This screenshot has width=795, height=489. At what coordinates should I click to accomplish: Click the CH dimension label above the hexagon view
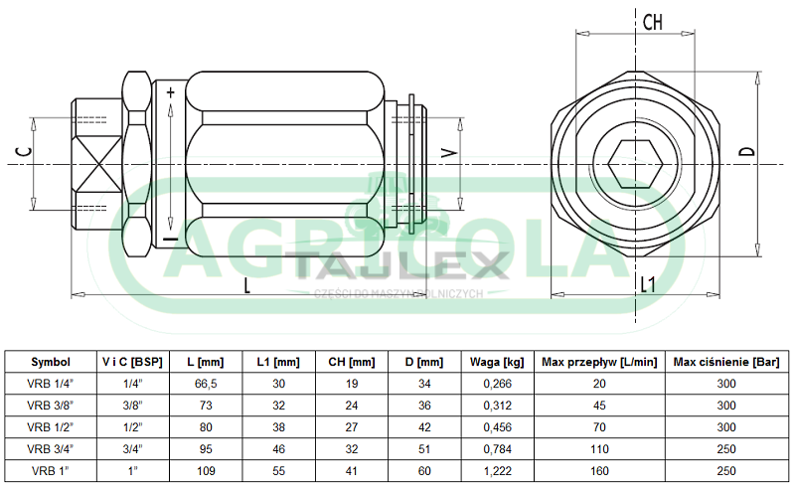(x=653, y=22)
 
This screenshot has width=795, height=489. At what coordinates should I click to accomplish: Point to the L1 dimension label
(x=648, y=284)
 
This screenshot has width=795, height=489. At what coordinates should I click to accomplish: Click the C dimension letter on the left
(x=24, y=151)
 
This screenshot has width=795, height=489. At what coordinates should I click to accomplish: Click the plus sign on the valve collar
(x=170, y=92)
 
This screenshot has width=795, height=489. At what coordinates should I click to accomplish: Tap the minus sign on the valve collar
(x=171, y=239)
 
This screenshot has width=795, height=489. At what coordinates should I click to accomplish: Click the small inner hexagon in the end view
(x=635, y=164)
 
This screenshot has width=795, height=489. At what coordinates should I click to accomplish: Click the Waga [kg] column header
(x=497, y=362)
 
